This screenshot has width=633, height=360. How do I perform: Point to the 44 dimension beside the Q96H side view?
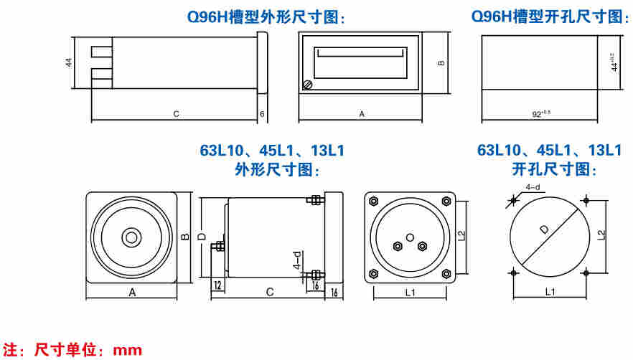(x=69, y=62)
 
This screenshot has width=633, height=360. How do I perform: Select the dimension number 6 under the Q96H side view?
(x=262, y=114)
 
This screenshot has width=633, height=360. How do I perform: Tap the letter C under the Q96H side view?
(x=176, y=114)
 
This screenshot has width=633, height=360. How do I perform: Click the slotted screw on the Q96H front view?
(x=309, y=85)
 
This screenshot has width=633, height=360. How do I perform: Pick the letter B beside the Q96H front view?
(x=441, y=62)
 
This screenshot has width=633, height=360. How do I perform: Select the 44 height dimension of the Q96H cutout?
(x=614, y=62)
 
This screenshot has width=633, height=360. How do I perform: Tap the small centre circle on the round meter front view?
(x=131, y=237)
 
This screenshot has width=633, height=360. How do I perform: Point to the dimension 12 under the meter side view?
(x=217, y=285)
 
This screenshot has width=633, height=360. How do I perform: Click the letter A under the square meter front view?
(x=132, y=293)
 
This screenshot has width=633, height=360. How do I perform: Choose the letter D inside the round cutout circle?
(x=544, y=229)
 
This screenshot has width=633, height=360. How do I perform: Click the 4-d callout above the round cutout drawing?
(x=533, y=187)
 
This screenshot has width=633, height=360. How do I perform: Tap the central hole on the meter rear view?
(x=409, y=237)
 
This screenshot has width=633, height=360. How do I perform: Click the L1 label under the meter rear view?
(x=410, y=292)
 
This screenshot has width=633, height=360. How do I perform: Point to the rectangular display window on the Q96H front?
(x=359, y=55)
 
